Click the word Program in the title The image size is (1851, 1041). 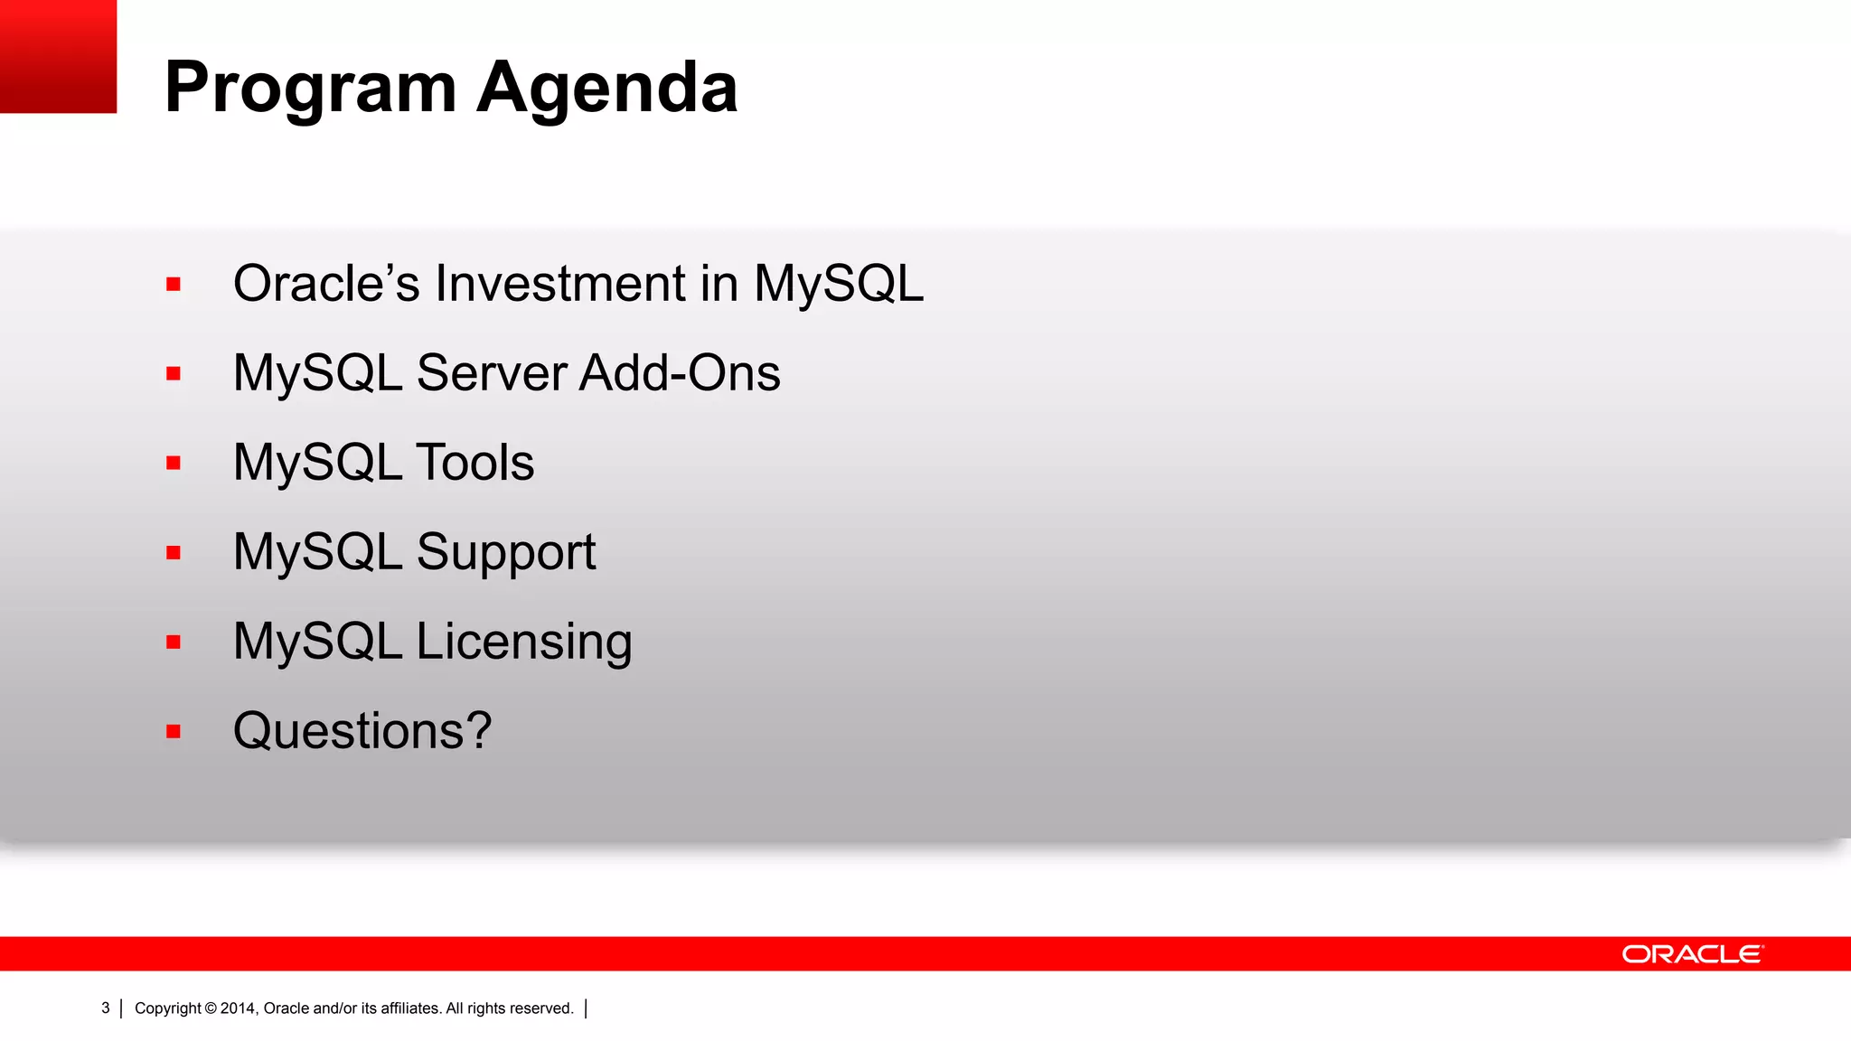(x=310, y=89)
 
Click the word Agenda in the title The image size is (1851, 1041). (x=607, y=89)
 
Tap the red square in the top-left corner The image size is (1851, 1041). (x=58, y=56)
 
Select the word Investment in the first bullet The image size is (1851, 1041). (x=560, y=284)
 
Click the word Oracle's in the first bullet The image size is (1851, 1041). (x=326, y=284)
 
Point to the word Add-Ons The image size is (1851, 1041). (x=680, y=373)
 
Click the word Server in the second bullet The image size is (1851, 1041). (x=491, y=373)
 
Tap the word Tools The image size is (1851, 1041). (x=474, y=463)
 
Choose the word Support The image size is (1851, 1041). (x=506, y=552)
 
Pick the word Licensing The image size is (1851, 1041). (x=524, y=642)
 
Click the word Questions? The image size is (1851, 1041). (x=362, y=730)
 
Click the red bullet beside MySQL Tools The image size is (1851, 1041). (x=174, y=464)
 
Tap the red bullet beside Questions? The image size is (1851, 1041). (x=174, y=731)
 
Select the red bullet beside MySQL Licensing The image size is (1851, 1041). (x=174, y=642)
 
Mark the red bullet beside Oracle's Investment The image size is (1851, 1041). (x=174, y=285)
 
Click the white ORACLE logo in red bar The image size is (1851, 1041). (x=1691, y=954)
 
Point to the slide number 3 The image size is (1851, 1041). (x=106, y=1008)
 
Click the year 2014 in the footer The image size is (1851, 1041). (x=239, y=1008)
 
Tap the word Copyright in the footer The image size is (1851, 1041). (x=168, y=1008)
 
